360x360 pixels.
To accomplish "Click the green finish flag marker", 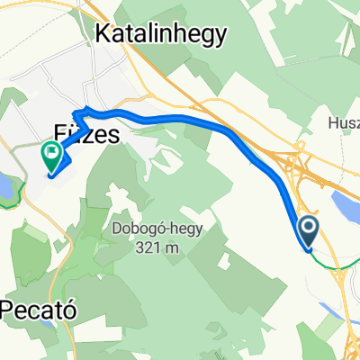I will [x=52, y=157].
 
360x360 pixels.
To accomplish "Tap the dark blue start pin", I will [x=308, y=232].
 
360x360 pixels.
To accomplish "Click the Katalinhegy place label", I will [x=161, y=34].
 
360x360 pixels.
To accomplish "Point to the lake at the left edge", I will [x=5, y=190].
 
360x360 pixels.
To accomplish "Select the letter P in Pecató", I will [x=7, y=307].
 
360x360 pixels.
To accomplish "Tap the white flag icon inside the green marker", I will [x=52, y=154].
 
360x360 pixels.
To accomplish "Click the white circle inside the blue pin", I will [x=308, y=228].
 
